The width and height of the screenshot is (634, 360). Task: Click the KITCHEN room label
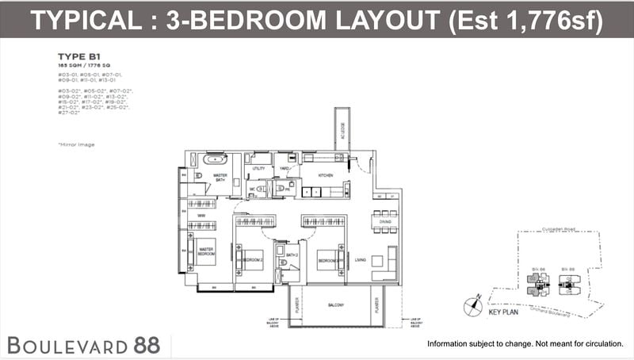coord(325,174)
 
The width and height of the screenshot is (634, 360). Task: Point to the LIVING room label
coord(360,260)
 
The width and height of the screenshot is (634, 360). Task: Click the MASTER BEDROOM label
coord(206,251)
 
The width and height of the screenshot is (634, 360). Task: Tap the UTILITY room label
coord(258,169)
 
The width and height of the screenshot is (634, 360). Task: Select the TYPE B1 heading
coord(76,56)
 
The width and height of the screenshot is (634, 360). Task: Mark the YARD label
coord(283,169)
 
